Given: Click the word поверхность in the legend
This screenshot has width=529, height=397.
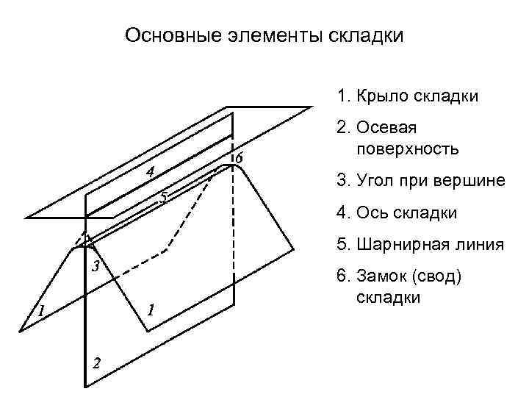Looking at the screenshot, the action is click(x=408, y=149).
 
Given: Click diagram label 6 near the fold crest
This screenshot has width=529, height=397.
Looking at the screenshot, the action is click(x=238, y=158).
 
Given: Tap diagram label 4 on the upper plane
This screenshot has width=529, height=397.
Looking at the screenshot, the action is click(x=150, y=172).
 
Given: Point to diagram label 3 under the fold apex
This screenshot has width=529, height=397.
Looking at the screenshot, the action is click(x=95, y=265).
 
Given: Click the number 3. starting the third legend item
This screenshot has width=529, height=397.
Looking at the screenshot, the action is click(x=342, y=181).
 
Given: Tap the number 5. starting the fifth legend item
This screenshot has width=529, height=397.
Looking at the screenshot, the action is click(x=342, y=245).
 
